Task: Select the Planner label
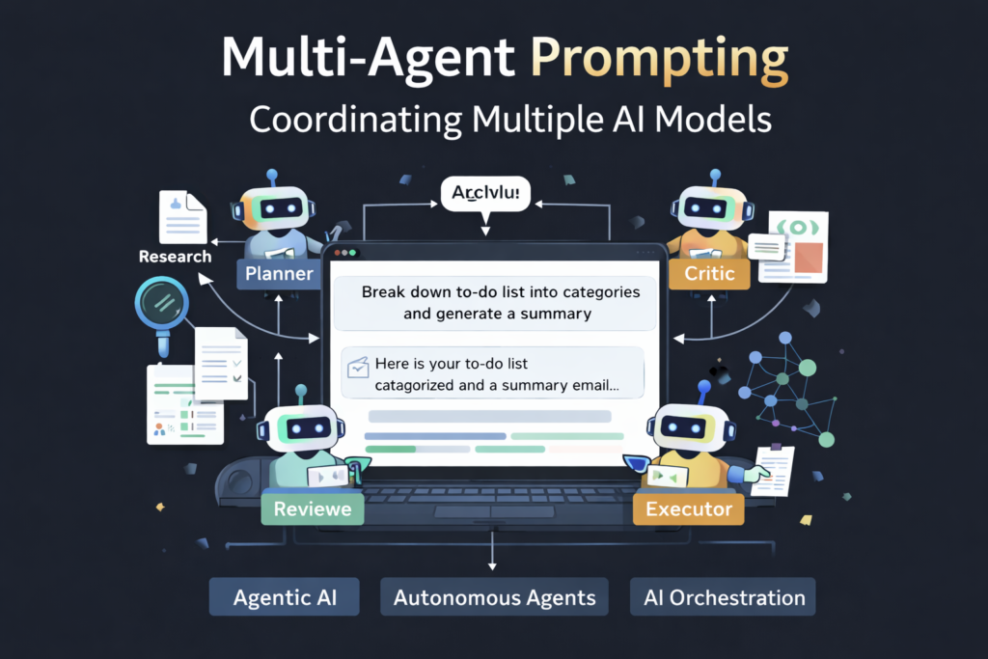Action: coord(279,273)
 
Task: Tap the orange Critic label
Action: coord(709,273)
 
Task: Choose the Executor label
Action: coord(688,508)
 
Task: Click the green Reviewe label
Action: coord(312,508)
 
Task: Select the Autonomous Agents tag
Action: coord(494,597)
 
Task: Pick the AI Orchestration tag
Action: coord(724,597)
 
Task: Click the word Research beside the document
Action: coord(175,257)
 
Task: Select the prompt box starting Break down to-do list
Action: coord(494,301)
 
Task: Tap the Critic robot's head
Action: coord(714,208)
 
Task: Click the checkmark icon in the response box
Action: coord(358,367)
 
